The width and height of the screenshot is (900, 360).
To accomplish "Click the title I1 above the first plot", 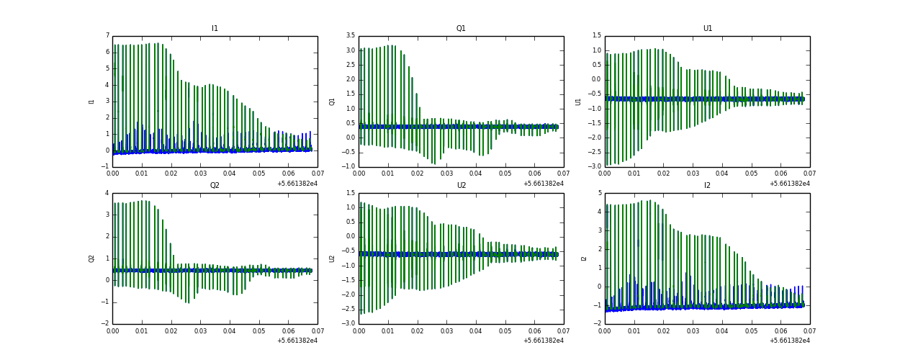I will (x=215, y=29).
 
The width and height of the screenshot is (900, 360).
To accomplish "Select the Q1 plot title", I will (x=461, y=29).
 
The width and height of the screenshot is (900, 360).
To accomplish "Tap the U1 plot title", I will (x=707, y=29).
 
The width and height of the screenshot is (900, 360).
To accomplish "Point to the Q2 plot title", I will (x=215, y=185).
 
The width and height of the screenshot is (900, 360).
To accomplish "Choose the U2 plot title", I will (x=461, y=185).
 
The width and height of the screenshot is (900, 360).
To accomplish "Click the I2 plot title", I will (x=707, y=185).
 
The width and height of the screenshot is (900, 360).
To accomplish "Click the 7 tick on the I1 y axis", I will (x=107, y=35).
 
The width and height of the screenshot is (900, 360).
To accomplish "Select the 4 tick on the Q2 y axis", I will (x=107, y=192).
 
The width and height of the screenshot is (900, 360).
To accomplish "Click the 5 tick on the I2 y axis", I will (x=599, y=192).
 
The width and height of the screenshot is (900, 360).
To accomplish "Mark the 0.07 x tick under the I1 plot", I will (x=318, y=174).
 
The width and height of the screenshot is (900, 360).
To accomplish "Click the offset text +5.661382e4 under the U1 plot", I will (x=789, y=183).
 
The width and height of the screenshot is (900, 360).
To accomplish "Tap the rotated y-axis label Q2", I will (x=91, y=258).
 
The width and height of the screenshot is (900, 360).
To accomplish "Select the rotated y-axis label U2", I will (x=332, y=258).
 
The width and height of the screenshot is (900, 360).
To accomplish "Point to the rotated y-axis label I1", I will (x=91, y=102).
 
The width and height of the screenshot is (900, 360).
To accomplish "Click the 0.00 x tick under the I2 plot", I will (x=605, y=330).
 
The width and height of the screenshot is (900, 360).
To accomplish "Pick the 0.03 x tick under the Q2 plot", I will (x=200, y=330).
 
